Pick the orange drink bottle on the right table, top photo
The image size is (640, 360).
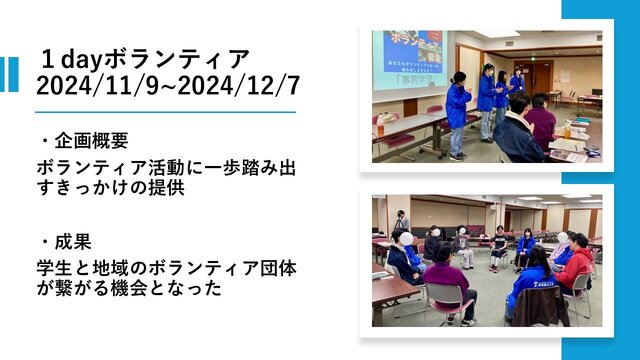(567, 130)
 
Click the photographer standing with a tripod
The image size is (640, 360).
(401, 220)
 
